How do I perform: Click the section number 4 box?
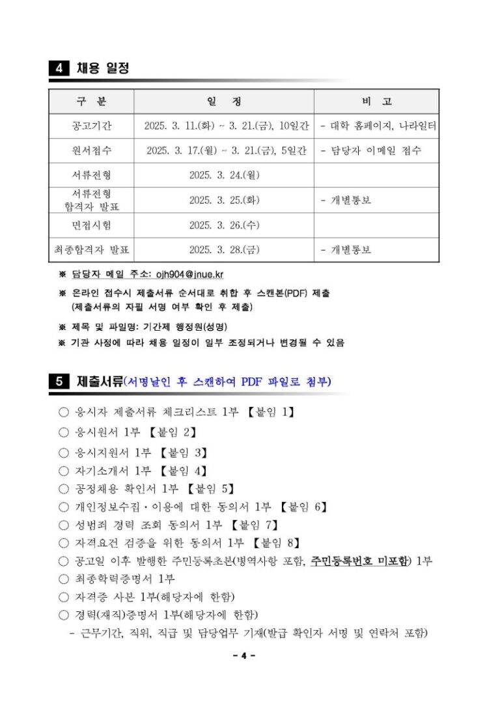coord(59,68)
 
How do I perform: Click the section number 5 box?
coord(59,381)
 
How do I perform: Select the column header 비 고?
coord(376,102)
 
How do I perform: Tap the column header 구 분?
coord(91,102)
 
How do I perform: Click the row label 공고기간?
coord(91,126)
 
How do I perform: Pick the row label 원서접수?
coord(91,150)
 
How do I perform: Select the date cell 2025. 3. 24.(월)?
coord(224,175)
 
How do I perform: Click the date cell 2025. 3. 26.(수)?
coord(224,225)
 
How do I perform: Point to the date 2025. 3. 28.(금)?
coord(224,250)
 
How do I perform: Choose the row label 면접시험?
coord(91,225)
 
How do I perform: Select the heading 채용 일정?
coord(103,68)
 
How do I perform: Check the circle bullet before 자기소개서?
coord(63,471)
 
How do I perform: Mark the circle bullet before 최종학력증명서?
coord(63,579)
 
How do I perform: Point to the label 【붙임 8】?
coord(276,542)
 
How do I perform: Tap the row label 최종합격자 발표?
coord(91,250)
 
